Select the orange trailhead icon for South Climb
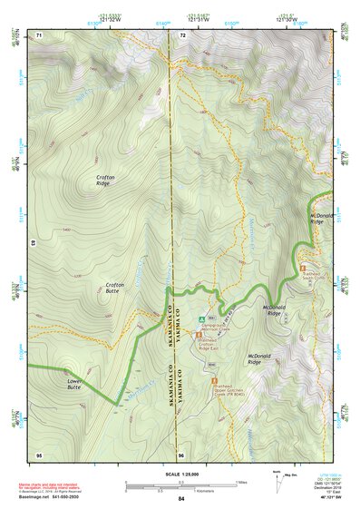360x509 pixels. click(303, 268)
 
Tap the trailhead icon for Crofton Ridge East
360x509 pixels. click(199, 339)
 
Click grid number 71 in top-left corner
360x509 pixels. click(39, 34)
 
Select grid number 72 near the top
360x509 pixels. click(182, 34)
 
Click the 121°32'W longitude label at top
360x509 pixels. click(109, 20)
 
